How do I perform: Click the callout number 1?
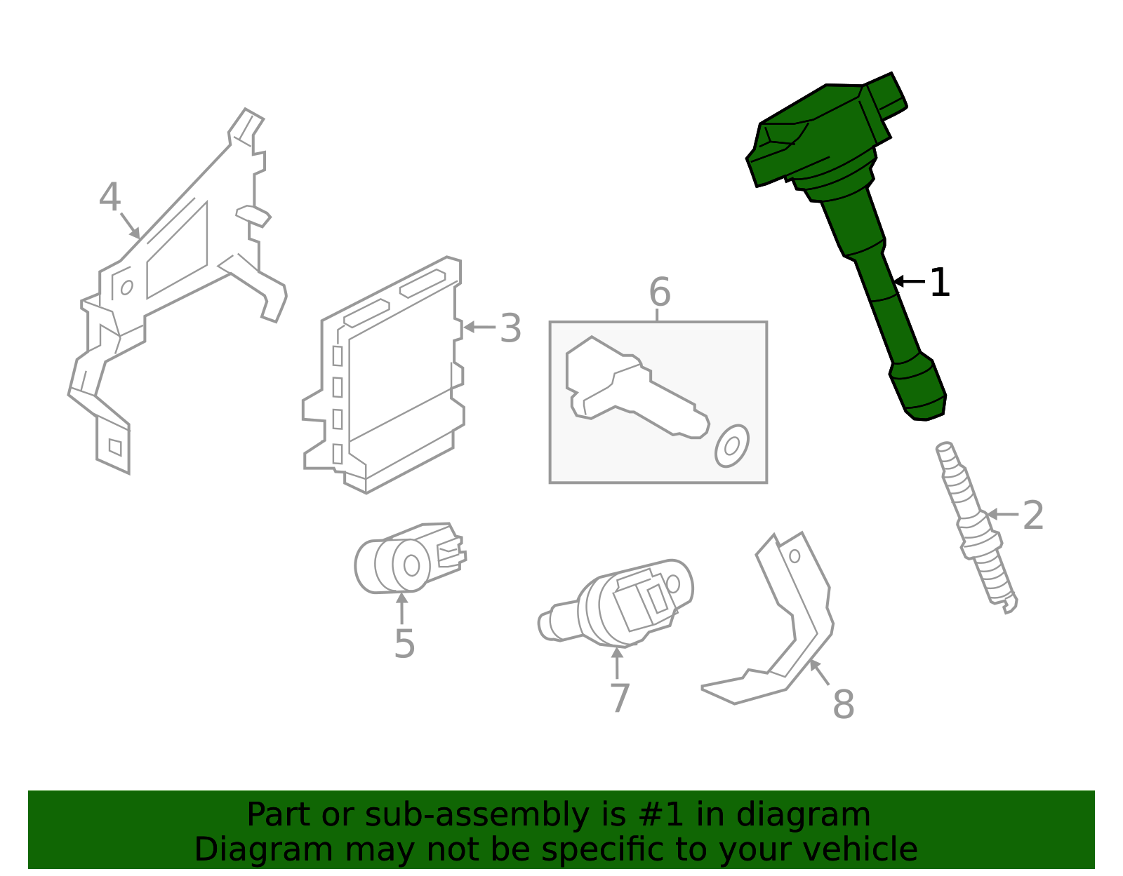(940, 283)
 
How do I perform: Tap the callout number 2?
(1033, 516)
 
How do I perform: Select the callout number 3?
(510, 328)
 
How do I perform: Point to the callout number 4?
(110, 196)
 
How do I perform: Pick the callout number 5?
(404, 645)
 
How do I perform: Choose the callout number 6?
(660, 292)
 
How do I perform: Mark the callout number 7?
(620, 698)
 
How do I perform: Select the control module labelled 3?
(383, 375)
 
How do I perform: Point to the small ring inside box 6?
(732, 446)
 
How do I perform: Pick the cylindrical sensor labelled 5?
(410, 558)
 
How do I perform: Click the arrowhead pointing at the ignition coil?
(898, 281)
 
